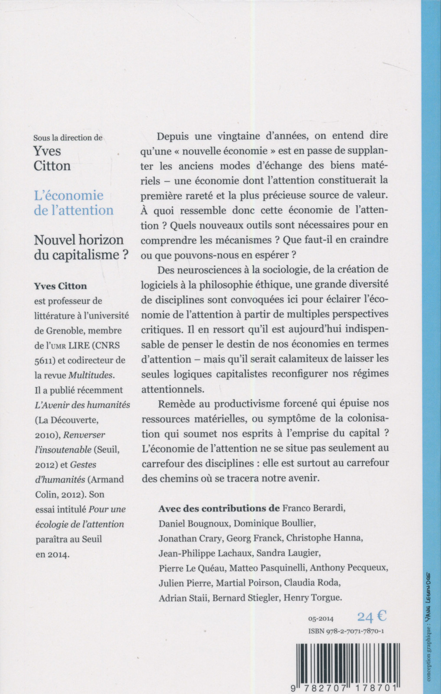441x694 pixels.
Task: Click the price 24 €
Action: pyautogui.click(x=372, y=616)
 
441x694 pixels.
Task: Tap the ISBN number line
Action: pyautogui.click(x=346, y=632)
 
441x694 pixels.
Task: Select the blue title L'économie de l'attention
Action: pyautogui.click(x=74, y=203)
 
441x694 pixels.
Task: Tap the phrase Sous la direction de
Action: pyautogui.click(x=68, y=137)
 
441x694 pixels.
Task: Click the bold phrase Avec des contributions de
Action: pyautogui.click(x=219, y=508)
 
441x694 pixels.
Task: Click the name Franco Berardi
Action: pyautogui.click(x=314, y=508)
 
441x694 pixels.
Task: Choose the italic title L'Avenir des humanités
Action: pyautogui.click(x=82, y=405)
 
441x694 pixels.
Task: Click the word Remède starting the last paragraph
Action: pyautogui.click(x=175, y=403)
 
